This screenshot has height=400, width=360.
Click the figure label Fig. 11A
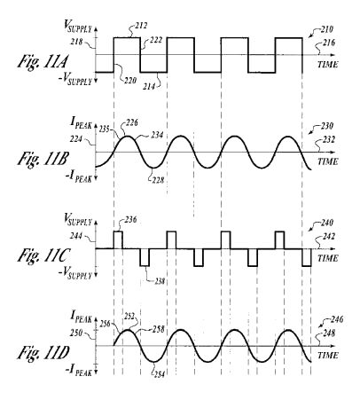(43, 63)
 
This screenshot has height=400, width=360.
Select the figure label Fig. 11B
(43, 160)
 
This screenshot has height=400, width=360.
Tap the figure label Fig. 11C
(43, 256)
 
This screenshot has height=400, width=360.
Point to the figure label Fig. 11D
(43, 353)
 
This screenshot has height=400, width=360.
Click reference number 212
(141, 26)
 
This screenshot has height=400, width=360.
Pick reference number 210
(326, 29)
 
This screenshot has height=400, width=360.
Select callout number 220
(130, 80)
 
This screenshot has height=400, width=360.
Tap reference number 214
(150, 86)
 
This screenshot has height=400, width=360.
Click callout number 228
(157, 180)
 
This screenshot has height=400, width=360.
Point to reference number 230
(327, 126)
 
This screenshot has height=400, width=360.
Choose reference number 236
(130, 220)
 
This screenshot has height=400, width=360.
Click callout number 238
(159, 281)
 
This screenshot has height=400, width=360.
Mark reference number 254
(159, 374)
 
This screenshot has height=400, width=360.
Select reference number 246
(337, 319)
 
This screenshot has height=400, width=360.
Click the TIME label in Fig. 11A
(328, 64)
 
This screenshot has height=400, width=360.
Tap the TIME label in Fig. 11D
(328, 355)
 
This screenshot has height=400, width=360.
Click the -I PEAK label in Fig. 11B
(78, 177)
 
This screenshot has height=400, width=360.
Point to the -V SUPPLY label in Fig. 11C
(75, 274)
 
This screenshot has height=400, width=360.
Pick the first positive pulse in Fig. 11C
(118, 240)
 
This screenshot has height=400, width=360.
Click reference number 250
(76, 334)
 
